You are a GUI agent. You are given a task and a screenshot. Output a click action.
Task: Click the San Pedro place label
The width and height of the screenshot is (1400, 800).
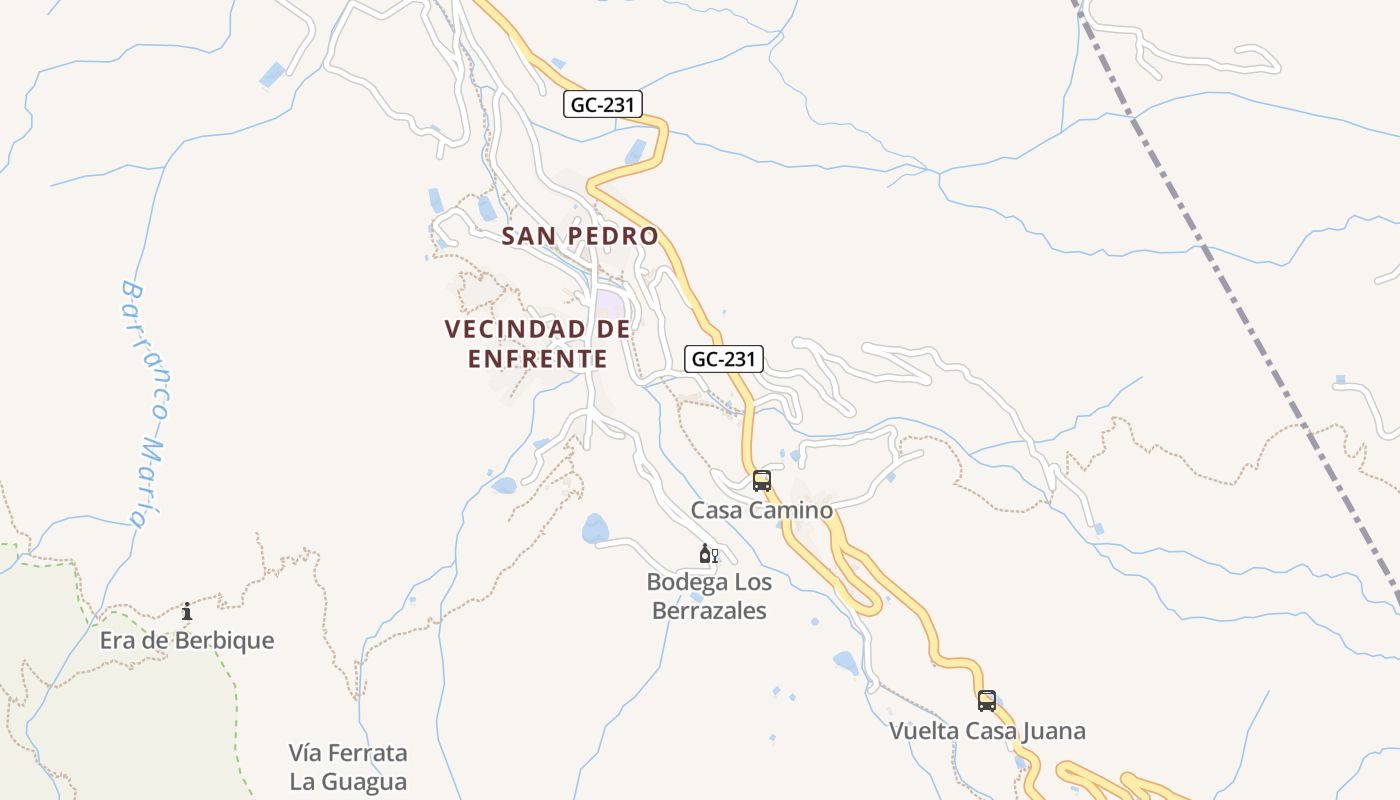[x=580, y=236]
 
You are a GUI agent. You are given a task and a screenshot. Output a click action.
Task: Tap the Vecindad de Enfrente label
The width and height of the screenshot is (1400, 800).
[x=537, y=343]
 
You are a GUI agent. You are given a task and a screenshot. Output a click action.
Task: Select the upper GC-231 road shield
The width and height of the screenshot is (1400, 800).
[x=602, y=104]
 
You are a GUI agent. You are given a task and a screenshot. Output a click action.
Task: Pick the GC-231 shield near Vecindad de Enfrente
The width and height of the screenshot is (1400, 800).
[x=724, y=359]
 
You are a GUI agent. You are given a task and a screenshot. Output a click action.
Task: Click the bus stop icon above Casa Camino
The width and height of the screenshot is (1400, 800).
[x=762, y=481]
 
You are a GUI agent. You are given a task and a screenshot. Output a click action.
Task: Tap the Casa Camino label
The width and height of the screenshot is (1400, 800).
[x=761, y=510]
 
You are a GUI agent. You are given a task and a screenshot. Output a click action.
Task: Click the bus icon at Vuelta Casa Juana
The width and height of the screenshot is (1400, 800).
[x=987, y=701]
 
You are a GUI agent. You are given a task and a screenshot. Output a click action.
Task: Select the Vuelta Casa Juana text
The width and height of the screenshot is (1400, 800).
[x=987, y=731]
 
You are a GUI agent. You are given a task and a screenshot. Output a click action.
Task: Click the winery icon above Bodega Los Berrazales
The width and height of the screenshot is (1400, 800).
[x=708, y=554]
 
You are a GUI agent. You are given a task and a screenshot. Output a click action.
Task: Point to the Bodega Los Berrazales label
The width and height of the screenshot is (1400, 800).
[x=708, y=596]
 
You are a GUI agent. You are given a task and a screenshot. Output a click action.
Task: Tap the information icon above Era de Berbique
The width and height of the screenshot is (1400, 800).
[x=187, y=611]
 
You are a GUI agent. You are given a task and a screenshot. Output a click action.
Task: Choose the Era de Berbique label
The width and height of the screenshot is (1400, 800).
[x=187, y=640]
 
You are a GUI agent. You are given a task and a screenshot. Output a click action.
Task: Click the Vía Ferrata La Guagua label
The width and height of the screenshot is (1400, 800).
[x=348, y=766]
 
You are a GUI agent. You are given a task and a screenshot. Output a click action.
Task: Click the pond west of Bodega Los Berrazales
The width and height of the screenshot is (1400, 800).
[x=595, y=529]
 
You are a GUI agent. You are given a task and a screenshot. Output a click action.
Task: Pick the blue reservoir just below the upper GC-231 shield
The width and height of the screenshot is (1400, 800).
[x=636, y=151]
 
